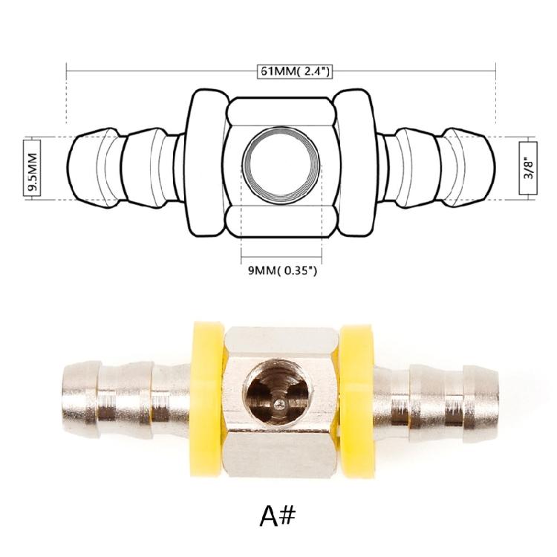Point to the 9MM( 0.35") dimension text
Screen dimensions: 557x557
tap(282, 271)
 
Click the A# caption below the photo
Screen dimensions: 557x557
tap(278, 514)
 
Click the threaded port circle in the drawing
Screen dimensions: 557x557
tap(277, 167)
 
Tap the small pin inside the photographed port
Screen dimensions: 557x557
tap(278, 403)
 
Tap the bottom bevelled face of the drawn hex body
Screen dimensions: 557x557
tap(278, 221)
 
